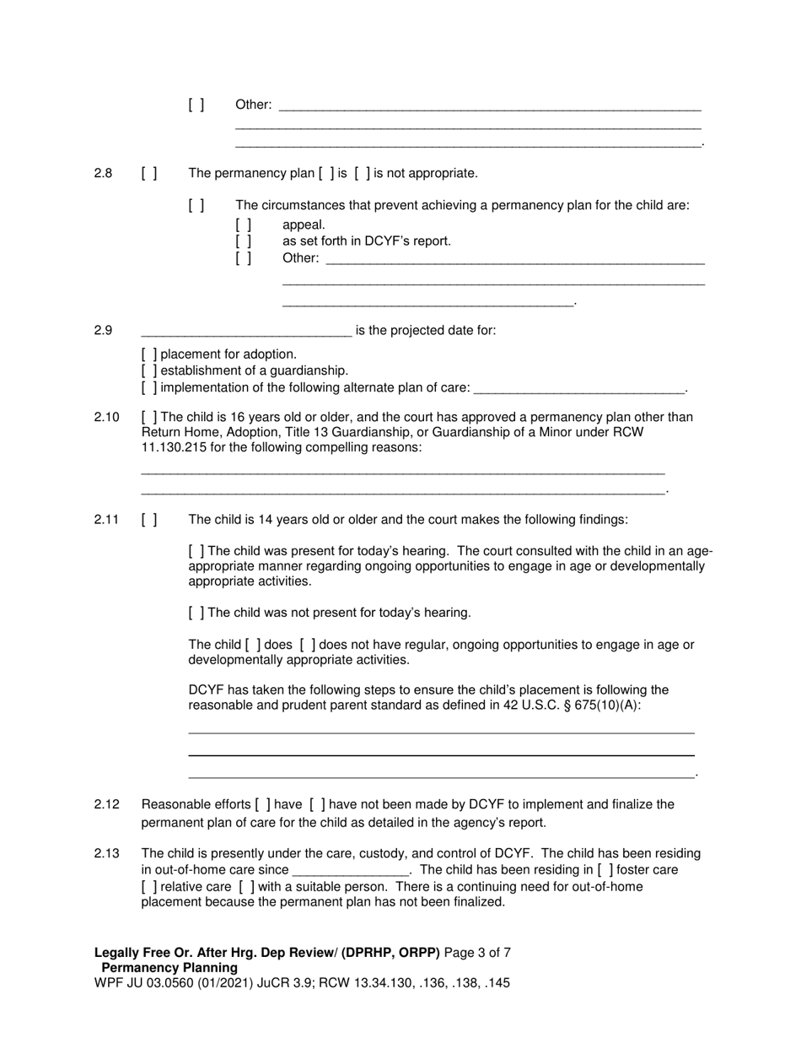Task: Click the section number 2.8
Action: point(103,173)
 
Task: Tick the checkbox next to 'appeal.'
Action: point(243,224)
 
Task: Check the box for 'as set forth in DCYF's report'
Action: point(243,241)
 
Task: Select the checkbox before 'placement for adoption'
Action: point(149,354)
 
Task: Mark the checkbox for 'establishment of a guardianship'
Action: point(149,370)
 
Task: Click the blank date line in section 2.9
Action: point(246,332)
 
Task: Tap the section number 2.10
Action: point(106,417)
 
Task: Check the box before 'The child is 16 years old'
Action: point(149,417)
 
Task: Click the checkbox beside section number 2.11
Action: point(149,520)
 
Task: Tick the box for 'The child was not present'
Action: point(196,613)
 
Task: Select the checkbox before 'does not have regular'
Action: point(308,645)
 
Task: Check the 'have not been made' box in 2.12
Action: point(318,804)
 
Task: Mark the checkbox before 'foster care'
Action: point(605,870)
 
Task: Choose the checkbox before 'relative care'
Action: point(149,887)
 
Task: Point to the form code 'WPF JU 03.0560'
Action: point(144,983)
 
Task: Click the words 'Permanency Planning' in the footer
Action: point(169,968)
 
